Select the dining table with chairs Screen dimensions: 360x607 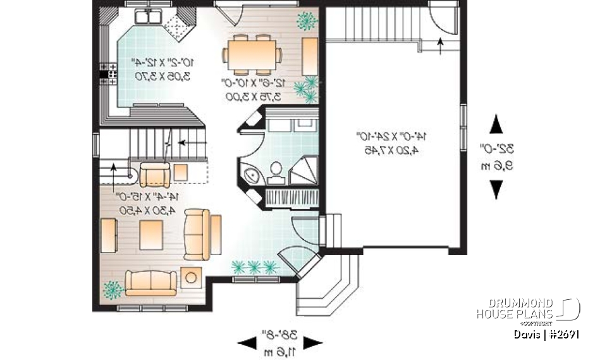click(252, 49)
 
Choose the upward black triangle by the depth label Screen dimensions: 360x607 click(497, 121)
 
